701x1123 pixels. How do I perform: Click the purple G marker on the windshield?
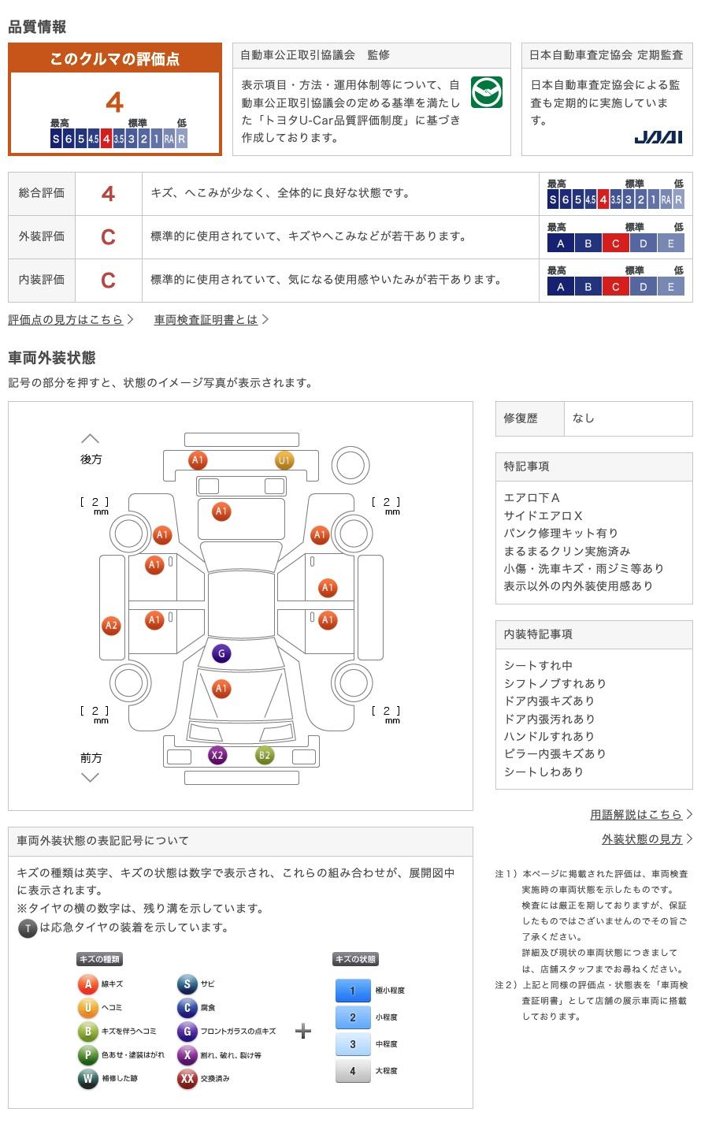pyautogui.click(x=221, y=653)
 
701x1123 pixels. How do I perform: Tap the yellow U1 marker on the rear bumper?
pyautogui.click(x=284, y=460)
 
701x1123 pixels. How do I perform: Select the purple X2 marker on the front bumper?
pyautogui.click(x=217, y=755)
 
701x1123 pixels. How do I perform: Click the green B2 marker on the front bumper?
pyautogui.click(x=265, y=755)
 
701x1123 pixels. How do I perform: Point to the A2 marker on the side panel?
pyautogui.click(x=111, y=625)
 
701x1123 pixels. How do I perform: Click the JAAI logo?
pyautogui.click(x=658, y=137)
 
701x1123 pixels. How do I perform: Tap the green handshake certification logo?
pyautogui.click(x=487, y=92)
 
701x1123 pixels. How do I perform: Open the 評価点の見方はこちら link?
pyautogui.click(x=65, y=319)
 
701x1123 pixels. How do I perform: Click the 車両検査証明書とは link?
pyautogui.click(x=206, y=319)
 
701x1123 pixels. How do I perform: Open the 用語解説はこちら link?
pyautogui.click(x=636, y=815)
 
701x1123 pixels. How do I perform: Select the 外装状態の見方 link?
pyautogui.click(x=642, y=839)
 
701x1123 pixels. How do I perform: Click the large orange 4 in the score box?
pyautogui.click(x=114, y=102)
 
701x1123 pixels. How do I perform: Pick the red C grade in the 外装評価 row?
pyautogui.click(x=108, y=236)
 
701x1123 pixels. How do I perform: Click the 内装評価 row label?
pyautogui.click(x=42, y=279)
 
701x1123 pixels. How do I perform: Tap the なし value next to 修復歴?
pyautogui.click(x=584, y=418)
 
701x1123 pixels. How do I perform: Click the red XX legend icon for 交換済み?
pyautogui.click(x=187, y=1078)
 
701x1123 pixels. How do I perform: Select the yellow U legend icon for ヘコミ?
pyautogui.click(x=87, y=1006)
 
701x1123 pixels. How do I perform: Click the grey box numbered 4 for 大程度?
pyautogui.click(x=353, y=1070)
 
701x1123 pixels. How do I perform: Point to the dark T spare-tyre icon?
pyautogui.click(x=28, y=928)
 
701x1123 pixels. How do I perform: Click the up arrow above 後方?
pyautogui.click(x=91, y=439)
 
